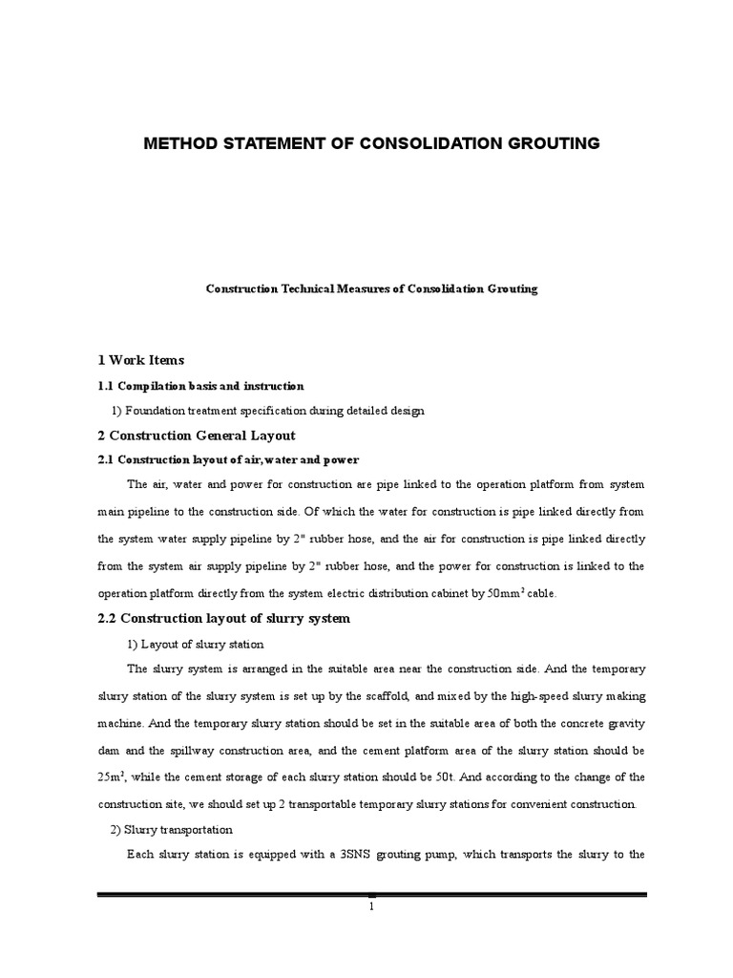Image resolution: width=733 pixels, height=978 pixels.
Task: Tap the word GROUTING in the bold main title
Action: pos(553,143)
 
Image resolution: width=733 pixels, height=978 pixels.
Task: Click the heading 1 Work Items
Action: pos(140,360)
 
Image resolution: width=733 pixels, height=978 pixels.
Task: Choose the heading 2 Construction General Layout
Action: pos(190,436)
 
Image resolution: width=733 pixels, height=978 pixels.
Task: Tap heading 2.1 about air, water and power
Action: pos(228,460)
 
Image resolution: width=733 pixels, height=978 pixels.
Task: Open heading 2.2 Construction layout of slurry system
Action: pos(223,619)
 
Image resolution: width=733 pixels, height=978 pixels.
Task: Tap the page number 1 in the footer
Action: pos(372,906)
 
